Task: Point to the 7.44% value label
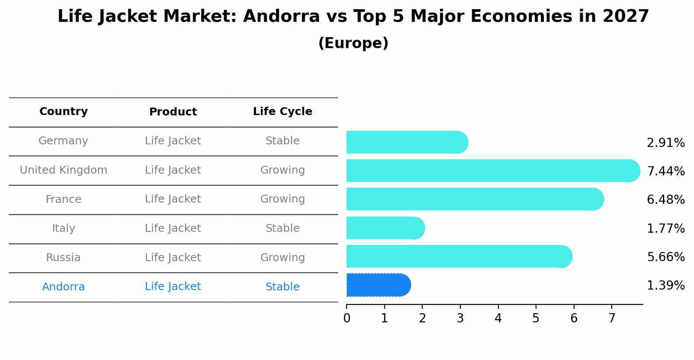click(666, 171)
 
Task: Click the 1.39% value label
click(666, 286)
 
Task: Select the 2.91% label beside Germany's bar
click(666, 143)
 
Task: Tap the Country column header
click(63, 112)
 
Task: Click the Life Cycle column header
click(282, 112)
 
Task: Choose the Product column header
click(173, 112)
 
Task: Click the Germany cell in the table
click(63, 141)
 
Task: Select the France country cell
click(63, 199)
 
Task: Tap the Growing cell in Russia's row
click(282, 258)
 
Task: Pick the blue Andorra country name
click(63, 287)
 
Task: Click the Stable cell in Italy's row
click(282, 228)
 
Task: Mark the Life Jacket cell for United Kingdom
click(173, 170)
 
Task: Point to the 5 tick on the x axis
click(536, 318)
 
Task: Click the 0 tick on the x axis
click(347, 318)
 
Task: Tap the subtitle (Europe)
click(353, 43)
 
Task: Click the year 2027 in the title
click(625, 17)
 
